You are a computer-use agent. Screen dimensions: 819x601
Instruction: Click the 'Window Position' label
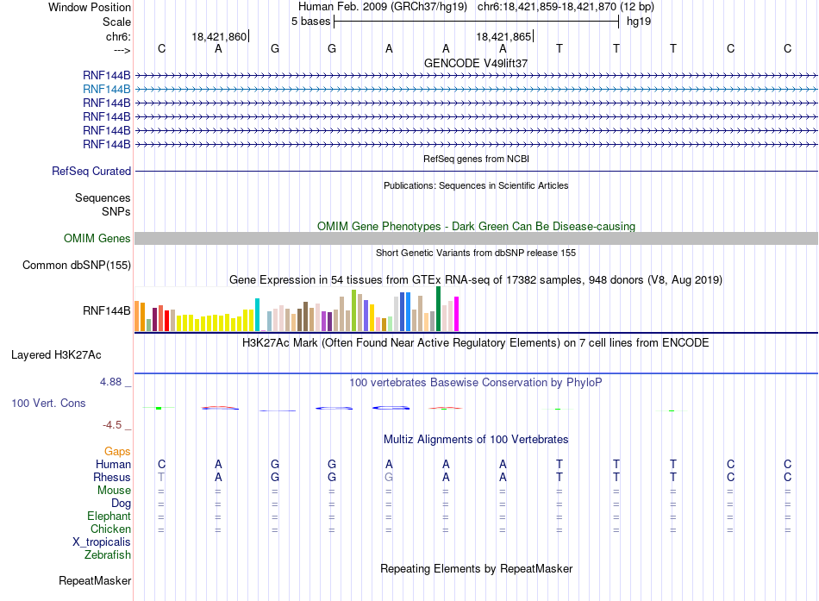90,7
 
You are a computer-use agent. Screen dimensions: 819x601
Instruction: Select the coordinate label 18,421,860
219,36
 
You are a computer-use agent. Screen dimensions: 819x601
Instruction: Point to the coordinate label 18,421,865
503,36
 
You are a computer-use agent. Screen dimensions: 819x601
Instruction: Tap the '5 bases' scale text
310,22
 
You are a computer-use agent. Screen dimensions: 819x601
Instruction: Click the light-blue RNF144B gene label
107,90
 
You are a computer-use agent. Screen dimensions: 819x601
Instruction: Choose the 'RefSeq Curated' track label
91,172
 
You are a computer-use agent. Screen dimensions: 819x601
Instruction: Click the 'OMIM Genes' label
97,238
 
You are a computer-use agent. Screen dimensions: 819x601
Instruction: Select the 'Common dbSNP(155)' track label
77,266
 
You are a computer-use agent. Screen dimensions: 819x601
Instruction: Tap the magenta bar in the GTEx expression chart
457,314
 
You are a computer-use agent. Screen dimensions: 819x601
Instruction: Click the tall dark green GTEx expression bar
438,309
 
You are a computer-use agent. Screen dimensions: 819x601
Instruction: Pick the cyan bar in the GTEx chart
257,315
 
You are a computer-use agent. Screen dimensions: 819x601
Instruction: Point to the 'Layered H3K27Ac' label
56,355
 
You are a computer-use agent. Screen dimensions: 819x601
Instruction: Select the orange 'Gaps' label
117,452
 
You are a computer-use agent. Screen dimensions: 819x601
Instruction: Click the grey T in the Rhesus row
161,477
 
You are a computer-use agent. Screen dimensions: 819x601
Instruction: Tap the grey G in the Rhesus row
389,477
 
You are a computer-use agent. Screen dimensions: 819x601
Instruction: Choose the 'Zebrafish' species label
108,555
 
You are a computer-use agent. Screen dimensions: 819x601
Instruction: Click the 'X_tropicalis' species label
102,542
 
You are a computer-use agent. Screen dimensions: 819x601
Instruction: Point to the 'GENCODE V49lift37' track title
476,63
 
